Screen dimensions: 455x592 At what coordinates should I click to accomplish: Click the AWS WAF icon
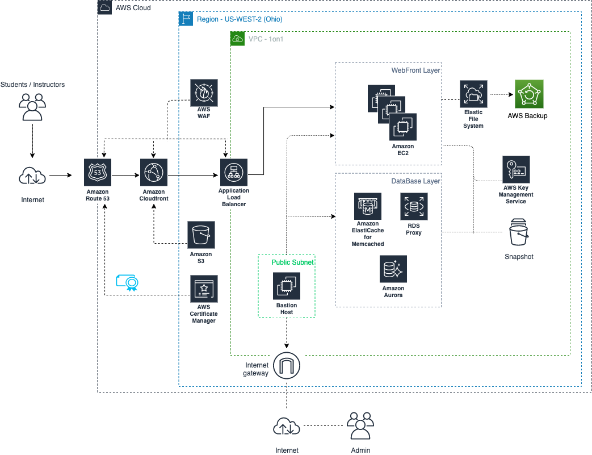click(x=204, y=93)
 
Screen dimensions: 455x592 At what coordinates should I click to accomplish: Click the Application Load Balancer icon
click(x=234, y=173)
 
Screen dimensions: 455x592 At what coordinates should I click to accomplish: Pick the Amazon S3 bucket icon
click(x=201, y=235)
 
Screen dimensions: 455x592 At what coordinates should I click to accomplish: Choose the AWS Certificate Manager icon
click(x=204, y=289)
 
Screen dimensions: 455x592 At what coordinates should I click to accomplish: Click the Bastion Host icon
click(x=287, y=286)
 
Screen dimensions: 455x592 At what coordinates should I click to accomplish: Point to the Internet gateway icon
click(x=287, y=365)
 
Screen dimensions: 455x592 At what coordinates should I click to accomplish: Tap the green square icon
click(x=529, y=94)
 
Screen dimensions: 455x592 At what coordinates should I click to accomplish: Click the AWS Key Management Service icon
click(x=516, y=169)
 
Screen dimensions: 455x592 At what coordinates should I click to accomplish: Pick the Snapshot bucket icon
click(x=519, y=232)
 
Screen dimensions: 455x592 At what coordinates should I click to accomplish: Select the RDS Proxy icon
click(x=414, y=207)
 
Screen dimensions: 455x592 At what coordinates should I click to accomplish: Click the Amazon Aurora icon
click(x=393, y=269)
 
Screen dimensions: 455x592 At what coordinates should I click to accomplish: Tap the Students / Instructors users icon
click(x=32, y=107)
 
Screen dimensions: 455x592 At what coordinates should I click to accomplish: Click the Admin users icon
click(x=360, y=425)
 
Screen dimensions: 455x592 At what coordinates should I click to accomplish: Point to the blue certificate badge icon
click(x=127, y=282)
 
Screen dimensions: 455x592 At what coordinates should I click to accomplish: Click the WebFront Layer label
click(x=416, y=70)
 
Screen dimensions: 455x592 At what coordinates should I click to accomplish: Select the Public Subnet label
click(x=293, y=262)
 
